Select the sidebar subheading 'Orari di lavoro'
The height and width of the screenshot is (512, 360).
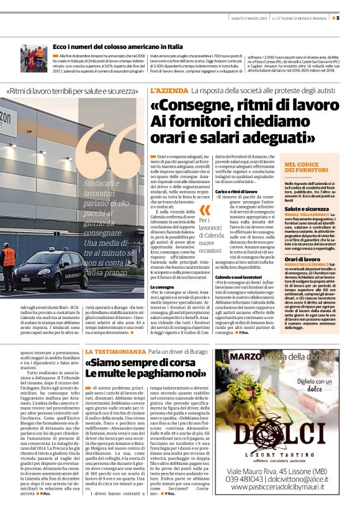302,258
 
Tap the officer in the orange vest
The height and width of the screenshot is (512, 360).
9,264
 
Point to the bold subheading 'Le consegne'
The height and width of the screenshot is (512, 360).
162,287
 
